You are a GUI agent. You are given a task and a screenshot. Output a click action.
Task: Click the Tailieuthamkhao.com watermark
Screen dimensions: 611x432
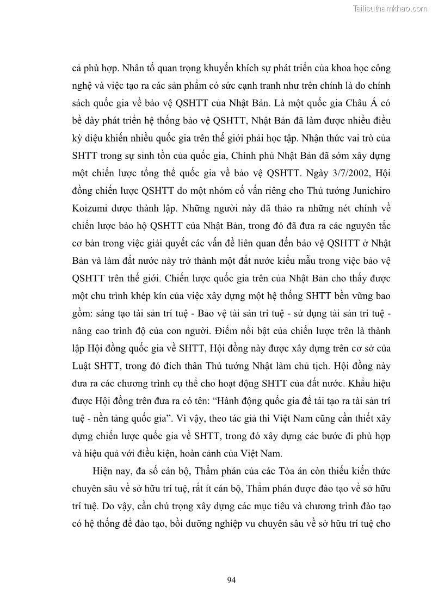click(390, 8)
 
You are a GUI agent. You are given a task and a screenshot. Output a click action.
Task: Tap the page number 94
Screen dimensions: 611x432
click(231, 579)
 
